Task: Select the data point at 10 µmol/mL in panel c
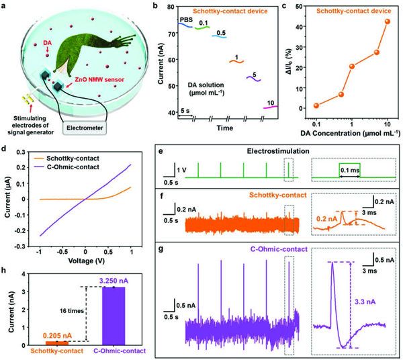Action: (x=387, y=21)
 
